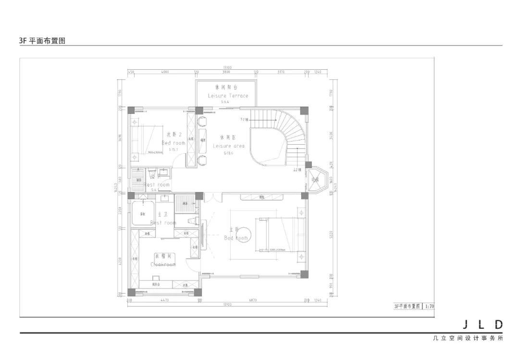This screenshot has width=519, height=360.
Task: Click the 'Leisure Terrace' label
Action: pos(228,96)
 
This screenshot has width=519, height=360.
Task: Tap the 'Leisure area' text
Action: pos(228,146)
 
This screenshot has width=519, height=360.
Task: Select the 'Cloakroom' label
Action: pos(163,264)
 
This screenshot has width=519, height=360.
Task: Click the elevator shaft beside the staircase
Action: pos(317,180)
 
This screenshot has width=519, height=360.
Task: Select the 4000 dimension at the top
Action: pos(165,72)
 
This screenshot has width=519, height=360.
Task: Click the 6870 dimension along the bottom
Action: pos(253,300)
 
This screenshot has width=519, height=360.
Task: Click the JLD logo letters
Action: pos(482,325)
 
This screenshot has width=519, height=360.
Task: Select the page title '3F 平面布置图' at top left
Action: pos(42,41)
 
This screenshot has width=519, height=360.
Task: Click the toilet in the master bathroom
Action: pos(192,221)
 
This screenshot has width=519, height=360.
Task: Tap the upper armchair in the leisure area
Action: pos(202,121)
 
